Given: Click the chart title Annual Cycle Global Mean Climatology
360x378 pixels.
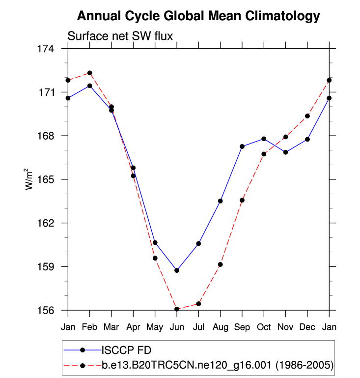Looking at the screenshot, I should click(198, 17).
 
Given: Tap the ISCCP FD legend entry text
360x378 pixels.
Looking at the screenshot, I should click(126, 350).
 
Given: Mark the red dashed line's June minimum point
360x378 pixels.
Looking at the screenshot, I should click(177, 309).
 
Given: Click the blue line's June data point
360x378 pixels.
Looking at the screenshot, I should click(177, 270).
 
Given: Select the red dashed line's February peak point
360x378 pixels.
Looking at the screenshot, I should click(89, 73).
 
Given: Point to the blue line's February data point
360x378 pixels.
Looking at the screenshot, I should click(89, 86).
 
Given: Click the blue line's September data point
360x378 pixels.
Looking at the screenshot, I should click(242, 146).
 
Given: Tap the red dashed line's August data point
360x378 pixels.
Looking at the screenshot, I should click(221, 264).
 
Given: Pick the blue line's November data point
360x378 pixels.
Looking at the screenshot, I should click(286, 152).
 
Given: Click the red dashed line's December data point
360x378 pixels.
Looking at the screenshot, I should click(307, 116).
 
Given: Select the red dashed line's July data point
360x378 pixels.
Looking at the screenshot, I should click(198, 304).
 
